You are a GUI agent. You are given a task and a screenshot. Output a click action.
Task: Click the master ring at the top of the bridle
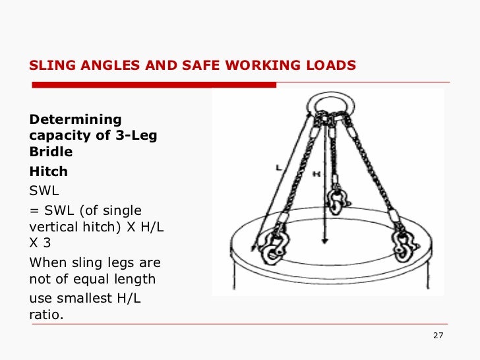(328, 104)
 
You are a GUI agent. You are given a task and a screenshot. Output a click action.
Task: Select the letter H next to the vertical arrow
(317, 175)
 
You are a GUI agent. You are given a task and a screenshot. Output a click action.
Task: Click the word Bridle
(51, 152)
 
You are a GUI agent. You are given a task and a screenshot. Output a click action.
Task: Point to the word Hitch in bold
(49, 171)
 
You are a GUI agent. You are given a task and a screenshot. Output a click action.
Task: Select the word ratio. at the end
(47, 315)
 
